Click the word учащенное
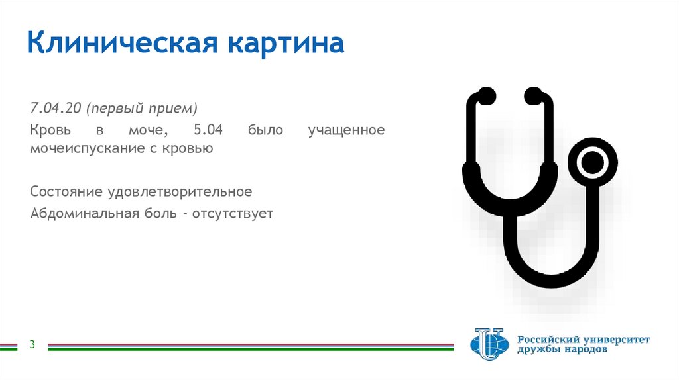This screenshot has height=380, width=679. tap(346, 130)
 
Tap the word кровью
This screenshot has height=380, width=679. tap(188, 148)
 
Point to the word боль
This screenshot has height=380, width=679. tap(158, 214)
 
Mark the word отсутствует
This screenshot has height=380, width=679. tap(233, 214)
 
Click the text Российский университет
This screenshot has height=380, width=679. tap(584, 340)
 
